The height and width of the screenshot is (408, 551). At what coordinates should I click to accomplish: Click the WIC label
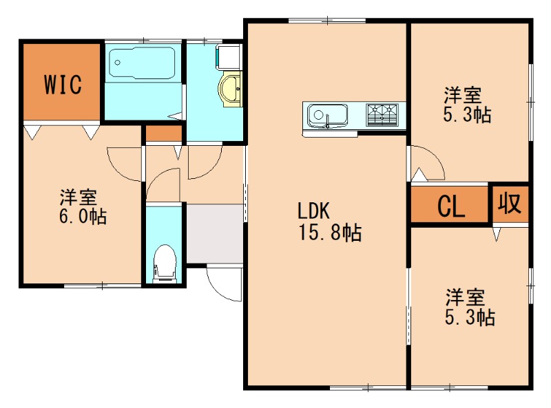[x=63, y=84]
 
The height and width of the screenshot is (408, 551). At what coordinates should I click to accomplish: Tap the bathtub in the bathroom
[x=142, y=63]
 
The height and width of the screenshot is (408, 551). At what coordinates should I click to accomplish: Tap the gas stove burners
[x=382, y=114]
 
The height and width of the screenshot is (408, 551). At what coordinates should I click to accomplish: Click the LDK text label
[x=313, y=211]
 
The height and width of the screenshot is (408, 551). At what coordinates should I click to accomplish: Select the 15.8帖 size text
[x=330, y=232]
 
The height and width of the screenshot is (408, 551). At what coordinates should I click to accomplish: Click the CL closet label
[x=451, y=206]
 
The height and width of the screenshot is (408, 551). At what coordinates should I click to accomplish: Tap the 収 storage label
[x=510, y=203]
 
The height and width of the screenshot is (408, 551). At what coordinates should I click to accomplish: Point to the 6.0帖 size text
[x=83, y=216]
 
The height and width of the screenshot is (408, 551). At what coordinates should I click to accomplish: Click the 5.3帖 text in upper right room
[x=467, y=114]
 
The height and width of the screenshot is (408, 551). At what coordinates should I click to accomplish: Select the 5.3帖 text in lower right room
[x=470, y=317]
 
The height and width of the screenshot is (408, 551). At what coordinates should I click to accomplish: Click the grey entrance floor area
[x=215, y=233]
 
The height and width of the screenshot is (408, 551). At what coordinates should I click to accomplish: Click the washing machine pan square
[x=229, y=56]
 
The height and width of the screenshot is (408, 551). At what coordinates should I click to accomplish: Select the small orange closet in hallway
[x=164, y=133]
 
